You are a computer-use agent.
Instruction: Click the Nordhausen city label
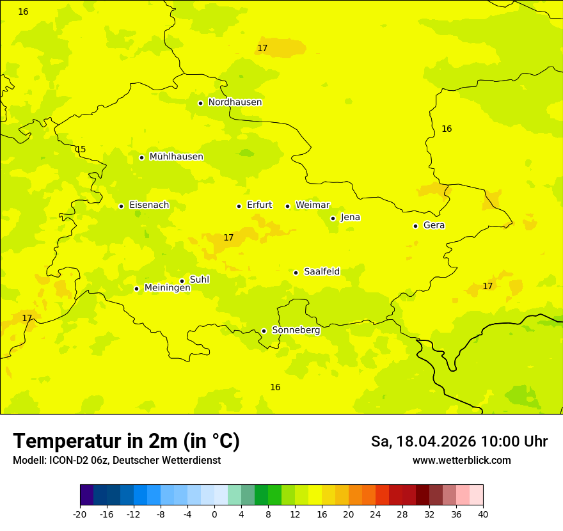(235, 102)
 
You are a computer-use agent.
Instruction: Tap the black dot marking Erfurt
(239, 206)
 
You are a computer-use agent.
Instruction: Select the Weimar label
(312, 205)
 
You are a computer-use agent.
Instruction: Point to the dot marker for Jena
(333, 218)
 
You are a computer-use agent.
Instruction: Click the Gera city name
(434, 225)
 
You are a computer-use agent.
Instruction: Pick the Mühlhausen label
(176, 157)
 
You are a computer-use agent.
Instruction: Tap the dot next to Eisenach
(121, 206)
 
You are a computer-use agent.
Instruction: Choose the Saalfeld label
(321, 272)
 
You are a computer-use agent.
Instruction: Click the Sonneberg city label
(296, 330)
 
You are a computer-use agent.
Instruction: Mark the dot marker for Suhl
(182, 281)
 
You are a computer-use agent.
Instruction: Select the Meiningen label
(167, 288)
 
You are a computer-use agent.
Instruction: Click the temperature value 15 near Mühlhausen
(81, 149)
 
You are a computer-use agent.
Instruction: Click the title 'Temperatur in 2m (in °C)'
(126, 441)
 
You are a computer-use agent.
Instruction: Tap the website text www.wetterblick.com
(461, 460)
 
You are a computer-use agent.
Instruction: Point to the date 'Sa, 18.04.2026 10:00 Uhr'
(459, 441)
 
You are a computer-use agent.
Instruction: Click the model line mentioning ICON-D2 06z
(116, 460)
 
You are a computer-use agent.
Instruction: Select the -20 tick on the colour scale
(79, 514)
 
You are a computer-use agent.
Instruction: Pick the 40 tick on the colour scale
(482, 514)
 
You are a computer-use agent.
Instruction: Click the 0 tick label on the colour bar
(214, 514)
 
